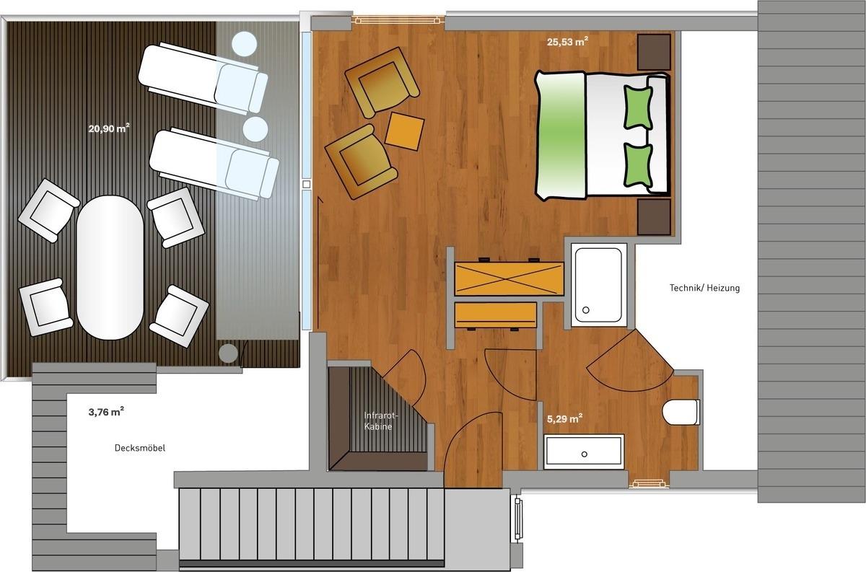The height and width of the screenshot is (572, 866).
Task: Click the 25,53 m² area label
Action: (567, 41)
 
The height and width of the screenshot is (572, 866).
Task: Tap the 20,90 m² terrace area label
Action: (109, 128)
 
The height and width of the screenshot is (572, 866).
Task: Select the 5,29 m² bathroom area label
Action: (565, 418)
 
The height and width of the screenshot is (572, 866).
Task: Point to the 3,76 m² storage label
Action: (106, 412)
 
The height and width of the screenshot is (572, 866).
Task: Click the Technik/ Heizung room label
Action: (704, 288)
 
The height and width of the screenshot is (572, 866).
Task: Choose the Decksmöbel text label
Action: (140, 448)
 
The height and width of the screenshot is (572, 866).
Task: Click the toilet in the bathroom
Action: (681, 413)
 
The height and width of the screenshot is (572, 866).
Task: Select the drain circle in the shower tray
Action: (586, 310)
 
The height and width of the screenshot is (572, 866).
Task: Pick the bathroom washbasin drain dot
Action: (584, 454)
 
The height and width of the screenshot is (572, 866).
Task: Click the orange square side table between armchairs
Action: (404, 131)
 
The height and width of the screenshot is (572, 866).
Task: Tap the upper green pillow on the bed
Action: (638, 107)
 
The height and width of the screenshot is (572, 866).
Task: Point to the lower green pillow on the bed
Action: (638, 165)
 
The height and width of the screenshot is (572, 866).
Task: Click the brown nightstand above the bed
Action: (654, 52)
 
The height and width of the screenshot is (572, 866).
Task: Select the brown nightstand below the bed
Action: (654, 217)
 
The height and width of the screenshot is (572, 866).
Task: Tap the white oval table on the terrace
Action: (110, 268)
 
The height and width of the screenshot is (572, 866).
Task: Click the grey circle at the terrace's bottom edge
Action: (228, 353)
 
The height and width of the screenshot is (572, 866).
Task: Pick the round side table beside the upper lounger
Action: (245, 44)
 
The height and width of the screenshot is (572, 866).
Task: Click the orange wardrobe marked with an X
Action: (509, 278)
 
